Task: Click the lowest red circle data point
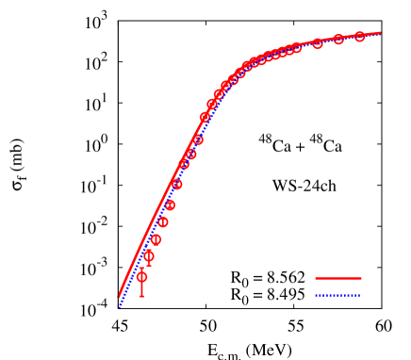coord(141,277)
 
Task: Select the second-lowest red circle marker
coord(149,255)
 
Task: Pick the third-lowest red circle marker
coord(156,239)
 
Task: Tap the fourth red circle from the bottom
coord(163,222)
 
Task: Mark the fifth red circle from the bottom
coord(170,205)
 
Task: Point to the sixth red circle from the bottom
coord(177,185)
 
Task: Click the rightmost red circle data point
coord(359,37)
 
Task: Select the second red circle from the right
coord(338,40)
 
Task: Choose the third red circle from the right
coord(318,43)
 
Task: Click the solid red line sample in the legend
coord(337,278)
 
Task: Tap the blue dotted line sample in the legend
coord(337,295)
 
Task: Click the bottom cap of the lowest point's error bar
coord(141,297)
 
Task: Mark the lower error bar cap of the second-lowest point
coord(149,266)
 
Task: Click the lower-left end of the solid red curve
coord(119,296)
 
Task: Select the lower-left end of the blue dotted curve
coord(119,306)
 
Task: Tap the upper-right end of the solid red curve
coord(381,33)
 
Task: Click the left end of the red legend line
coord(315,278)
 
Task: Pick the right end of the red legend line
coord(361,278)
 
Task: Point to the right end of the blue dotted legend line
coord(361,295)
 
